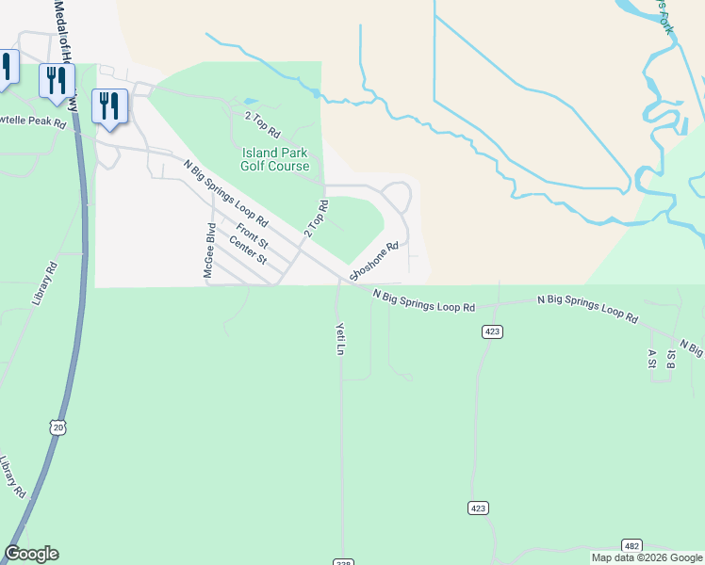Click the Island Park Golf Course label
pos(275,159)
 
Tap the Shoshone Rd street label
pos(374,261)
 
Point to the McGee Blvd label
pos(211,250)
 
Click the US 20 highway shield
pos(59,428)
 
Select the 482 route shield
pos(631,546)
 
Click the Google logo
pos(31,554)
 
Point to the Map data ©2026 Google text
pos(647,557)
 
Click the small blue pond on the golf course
pos(249,101)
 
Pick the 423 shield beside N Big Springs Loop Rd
pos(491,331)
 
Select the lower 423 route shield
pos(478,508)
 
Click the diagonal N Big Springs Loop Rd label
pos(226,195)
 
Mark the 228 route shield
pos(342,561)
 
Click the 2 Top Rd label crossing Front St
pos(316,218)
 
